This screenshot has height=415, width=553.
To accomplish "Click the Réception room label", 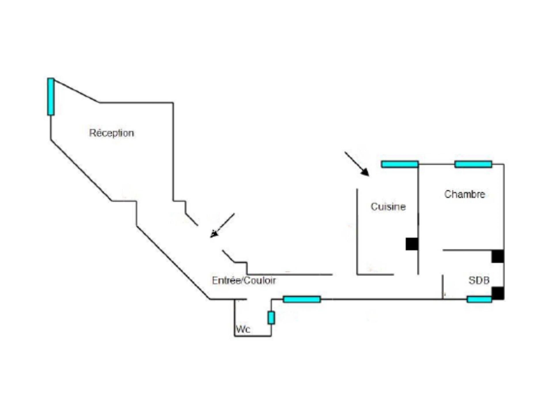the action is (111, 133).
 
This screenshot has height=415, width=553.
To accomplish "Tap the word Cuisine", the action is (388, 207).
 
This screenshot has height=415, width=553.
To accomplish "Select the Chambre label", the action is (465, 194).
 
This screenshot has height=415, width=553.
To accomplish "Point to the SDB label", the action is (479, 280).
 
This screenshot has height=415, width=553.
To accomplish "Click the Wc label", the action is (243, 329).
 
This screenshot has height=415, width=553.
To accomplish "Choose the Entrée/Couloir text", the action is (244, 280).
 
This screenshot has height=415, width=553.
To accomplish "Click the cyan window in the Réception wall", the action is (51, 97).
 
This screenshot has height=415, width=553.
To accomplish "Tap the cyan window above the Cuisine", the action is (400, 164).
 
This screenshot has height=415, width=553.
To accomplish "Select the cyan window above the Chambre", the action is (473, 164).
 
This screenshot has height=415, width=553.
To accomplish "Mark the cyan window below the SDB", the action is (479, 299).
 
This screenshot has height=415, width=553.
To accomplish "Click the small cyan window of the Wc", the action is (271, 318).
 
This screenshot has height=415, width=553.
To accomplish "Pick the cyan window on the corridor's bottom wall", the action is (302, 299).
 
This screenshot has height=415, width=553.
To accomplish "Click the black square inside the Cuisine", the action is (412, 244).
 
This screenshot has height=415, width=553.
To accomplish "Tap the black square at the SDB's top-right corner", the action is (498, 256).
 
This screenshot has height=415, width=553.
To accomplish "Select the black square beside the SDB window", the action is (498, 293).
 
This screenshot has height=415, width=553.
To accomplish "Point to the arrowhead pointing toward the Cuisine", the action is (365, 172).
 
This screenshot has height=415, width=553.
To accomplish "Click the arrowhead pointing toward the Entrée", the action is (214, 233).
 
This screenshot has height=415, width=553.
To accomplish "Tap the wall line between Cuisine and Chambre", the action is (418, 219).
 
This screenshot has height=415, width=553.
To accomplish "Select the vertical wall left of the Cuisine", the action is (357, 232).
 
